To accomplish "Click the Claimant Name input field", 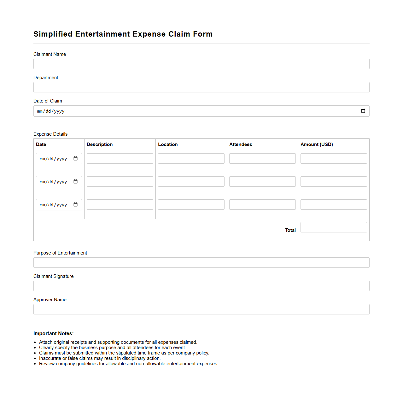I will pos(201,64).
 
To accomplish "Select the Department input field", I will pos(201,87).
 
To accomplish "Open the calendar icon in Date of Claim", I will pos(363,111).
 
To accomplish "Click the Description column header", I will pos(100,144).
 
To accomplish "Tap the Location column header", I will pos(168,144).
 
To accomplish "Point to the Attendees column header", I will pos(241,144).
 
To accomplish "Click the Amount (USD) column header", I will pos(317,144).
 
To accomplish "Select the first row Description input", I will pos(120,159).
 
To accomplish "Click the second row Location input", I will pos(191,182).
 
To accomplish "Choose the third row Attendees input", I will pos(262,205).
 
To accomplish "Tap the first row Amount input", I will pos(334,159).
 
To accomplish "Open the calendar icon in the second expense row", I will pos(76,182).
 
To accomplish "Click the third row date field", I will pos(54,205).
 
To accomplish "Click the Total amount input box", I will pos(334,227).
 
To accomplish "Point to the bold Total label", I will pos(290,230).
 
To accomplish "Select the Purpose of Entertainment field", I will pos(201,263).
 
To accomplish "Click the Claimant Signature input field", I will pos(201,286).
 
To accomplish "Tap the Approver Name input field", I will pos(201,309).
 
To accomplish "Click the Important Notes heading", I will pos(54,334).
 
